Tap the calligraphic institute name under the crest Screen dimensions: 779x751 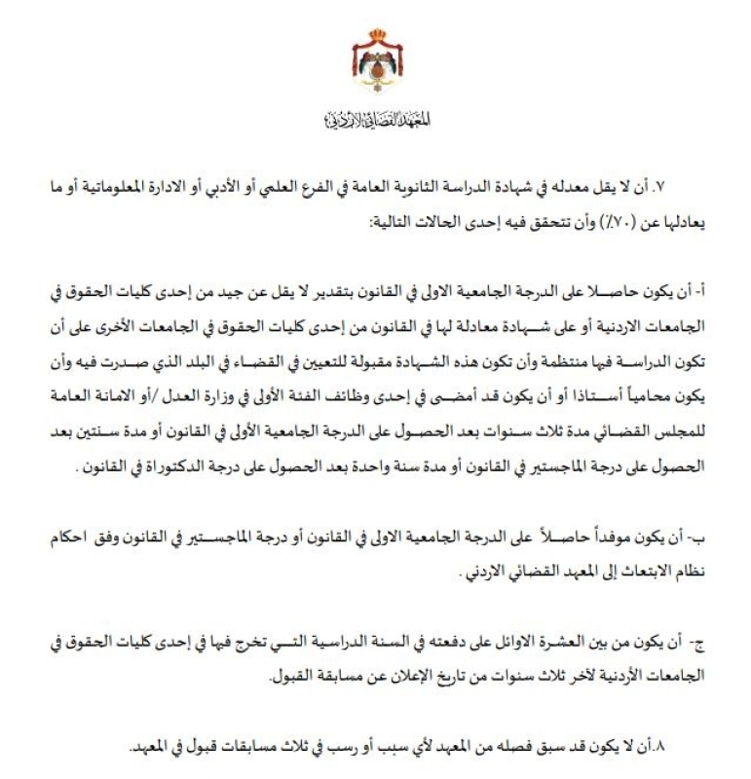tap(375, 122)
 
